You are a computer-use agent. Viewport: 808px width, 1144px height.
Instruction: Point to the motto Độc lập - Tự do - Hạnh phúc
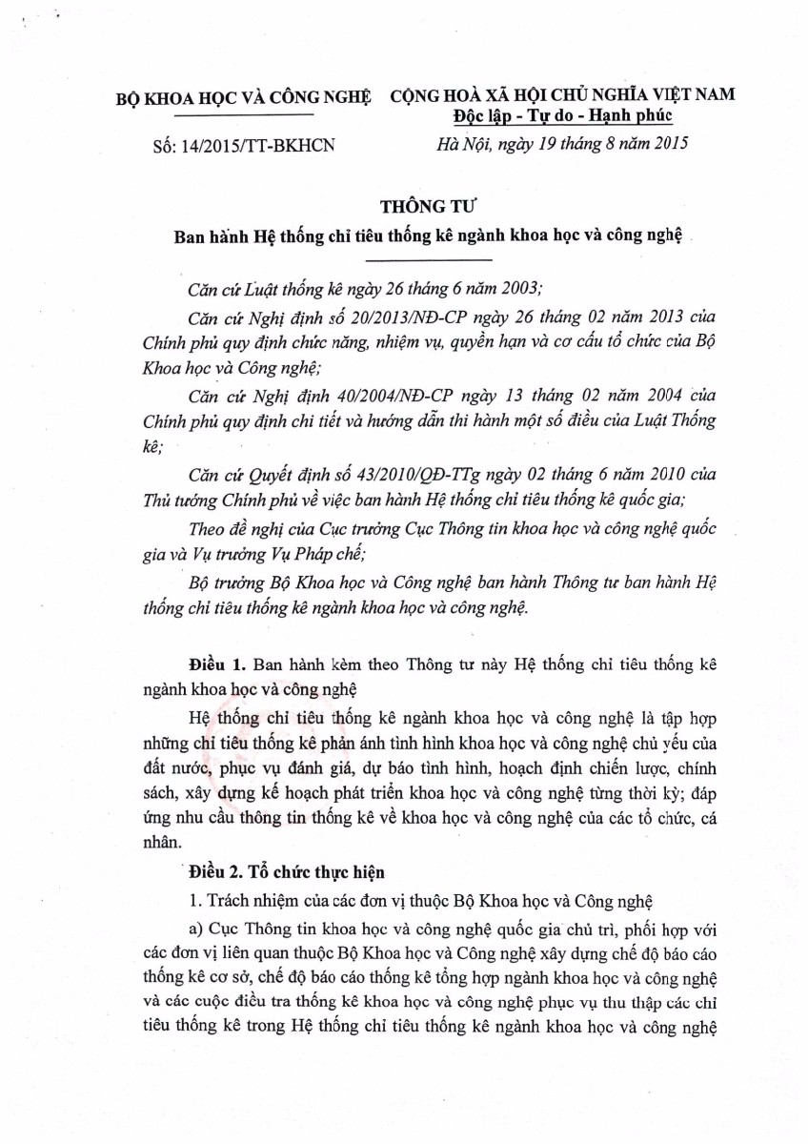(x=564, y=116)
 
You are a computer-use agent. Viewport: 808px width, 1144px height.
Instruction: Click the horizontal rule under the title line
(x=428, y=259)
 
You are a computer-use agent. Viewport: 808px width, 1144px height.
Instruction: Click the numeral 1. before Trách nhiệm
(x=195, y=898)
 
